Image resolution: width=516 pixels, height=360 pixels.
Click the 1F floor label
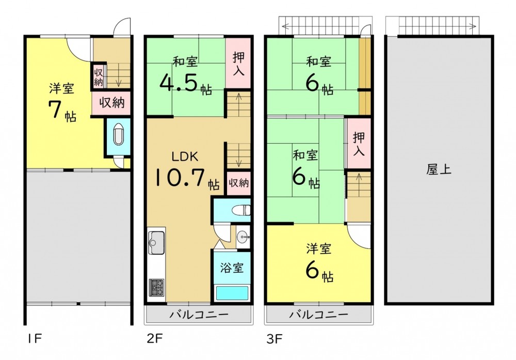(34, 339)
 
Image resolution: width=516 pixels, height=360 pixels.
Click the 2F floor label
(154, 339)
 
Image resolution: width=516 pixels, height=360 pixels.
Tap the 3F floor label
(275, 339)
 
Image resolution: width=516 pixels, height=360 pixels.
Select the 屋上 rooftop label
(439, 169)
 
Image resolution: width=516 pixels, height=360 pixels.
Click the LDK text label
(185, 156)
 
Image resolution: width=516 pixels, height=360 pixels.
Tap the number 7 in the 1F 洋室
(55, 109)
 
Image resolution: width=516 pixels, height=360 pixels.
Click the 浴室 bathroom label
(232, 268)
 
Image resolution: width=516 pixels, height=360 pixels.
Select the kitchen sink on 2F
(157, 243)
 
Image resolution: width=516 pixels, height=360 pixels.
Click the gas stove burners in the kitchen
(157, 288)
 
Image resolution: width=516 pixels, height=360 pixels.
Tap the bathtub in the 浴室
(232, 293)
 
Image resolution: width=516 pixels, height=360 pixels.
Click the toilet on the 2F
(241, 210)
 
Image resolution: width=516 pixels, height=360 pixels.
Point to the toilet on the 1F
(118, 135)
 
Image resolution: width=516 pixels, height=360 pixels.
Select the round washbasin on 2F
(243, 236)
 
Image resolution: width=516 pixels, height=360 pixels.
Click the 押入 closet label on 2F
(238, 64)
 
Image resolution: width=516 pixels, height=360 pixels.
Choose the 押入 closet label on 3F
(359, 144)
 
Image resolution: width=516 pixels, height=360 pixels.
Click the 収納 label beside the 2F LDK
(239, 182)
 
